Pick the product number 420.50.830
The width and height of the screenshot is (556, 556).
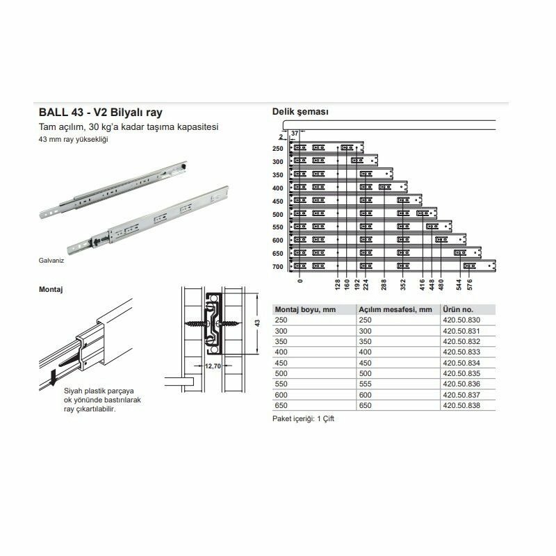click(x=458, y=319)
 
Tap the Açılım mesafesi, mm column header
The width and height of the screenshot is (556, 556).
click(x=395, y=309)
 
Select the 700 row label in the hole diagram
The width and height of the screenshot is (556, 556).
click(x=278, y=266)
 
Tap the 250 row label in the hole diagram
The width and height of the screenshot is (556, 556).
click(x=278, y=148)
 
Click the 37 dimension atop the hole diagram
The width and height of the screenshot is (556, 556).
click(x=295, y=133)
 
